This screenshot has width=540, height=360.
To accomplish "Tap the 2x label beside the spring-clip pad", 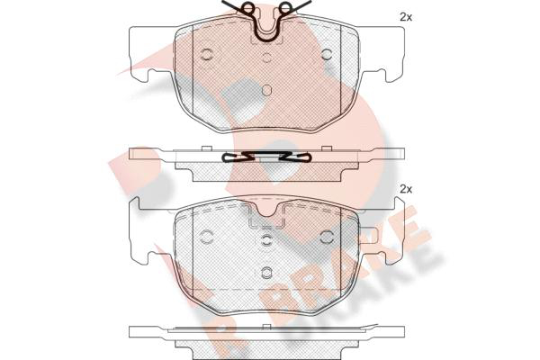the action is coord(406,17).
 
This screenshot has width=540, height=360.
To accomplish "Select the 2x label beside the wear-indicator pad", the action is coord(406,189).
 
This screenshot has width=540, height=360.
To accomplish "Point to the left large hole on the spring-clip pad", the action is coord(207,53).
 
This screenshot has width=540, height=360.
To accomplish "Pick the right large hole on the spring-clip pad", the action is coord(327,53).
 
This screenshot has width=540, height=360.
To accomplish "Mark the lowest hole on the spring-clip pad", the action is coord(267,90).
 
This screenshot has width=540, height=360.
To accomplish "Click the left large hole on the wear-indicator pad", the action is coord(207,237).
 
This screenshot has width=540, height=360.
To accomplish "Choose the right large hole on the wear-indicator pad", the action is coord(327,237).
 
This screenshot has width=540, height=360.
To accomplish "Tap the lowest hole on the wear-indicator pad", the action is coord(266,273).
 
